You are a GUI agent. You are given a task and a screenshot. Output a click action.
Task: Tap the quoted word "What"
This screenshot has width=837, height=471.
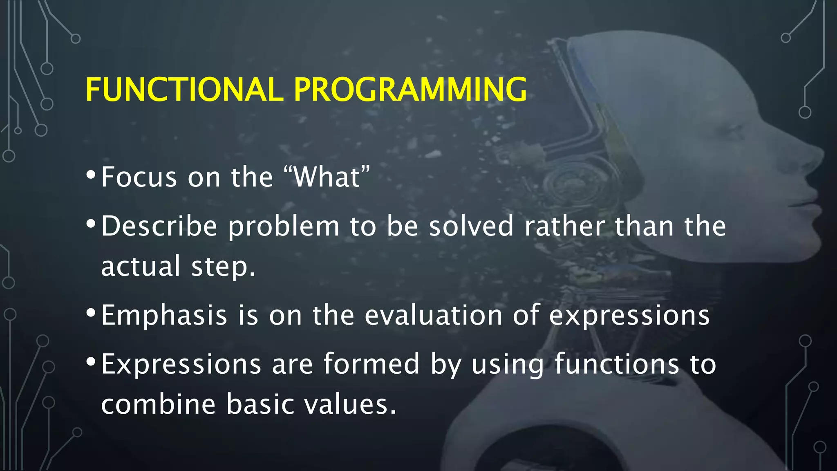click(327, 177)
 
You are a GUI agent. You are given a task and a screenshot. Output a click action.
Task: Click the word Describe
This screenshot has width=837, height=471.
click(159, 226)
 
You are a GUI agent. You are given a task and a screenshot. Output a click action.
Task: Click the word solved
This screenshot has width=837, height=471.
click(471, 226)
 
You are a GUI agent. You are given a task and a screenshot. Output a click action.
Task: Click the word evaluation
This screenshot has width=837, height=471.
click(433, 315)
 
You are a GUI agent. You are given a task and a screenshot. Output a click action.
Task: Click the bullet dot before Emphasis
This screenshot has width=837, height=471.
click(91, 313)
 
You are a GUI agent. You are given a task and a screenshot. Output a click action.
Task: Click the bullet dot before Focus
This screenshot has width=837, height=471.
click(91, 175)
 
